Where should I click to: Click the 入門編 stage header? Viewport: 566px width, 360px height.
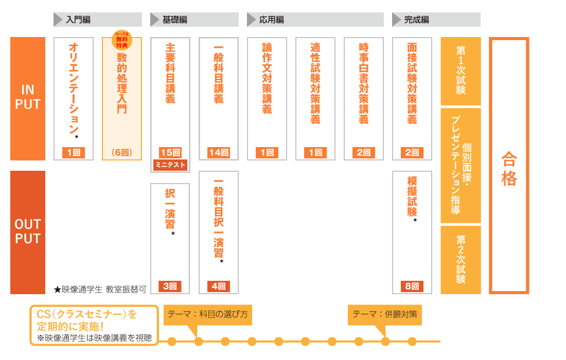(x=97, y=20)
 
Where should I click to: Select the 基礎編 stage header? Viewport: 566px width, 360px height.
(x=194, y=20)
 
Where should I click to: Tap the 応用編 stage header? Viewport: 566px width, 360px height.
(x=315, y=20)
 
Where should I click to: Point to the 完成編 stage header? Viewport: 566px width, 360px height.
(x=436, y=20)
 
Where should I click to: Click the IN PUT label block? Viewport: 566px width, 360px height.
(x=28, y=98)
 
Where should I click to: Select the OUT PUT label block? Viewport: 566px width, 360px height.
(x=28, y=232)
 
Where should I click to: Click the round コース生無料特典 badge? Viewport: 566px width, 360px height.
(x=122, y=40)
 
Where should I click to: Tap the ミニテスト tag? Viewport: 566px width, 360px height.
(x=170, y=165)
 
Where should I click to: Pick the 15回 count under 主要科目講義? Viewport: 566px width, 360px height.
(x=170, y=153)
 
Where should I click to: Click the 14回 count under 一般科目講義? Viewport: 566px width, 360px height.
(x=219, y=153)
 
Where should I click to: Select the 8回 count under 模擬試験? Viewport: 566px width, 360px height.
(x=412, y=286)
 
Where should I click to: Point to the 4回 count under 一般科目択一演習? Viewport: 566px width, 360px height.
(x=219, y=286)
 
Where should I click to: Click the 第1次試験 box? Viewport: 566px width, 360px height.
(x=461, y=71)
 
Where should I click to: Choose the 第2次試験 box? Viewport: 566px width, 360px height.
(x=461, y=260)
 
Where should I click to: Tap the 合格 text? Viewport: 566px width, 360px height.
(x=509, y=169)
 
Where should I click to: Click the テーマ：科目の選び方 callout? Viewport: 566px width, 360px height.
(x=207, y=315)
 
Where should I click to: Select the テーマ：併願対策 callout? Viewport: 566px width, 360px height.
(x=385, y=315)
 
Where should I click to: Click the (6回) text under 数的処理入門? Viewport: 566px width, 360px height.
(x=122, y=153)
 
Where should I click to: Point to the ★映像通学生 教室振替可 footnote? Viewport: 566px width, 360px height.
(x=100, y=290)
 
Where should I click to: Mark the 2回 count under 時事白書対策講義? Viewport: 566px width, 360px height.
(x=363, y=153)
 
